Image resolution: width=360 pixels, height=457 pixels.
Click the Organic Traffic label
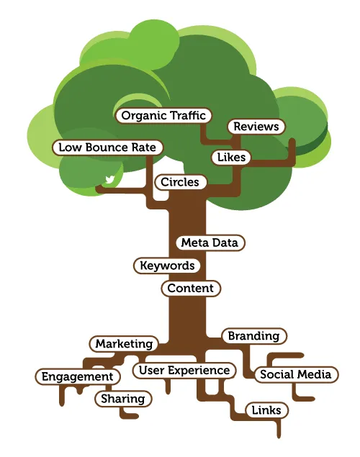(x=163, y=115)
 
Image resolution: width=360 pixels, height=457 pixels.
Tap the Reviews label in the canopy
(x=256, y=127)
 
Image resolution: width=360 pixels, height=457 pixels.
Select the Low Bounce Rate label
(x=108, y=147)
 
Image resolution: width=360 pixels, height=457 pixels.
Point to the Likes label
(x=230, y=157)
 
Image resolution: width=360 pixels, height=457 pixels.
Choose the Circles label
(x=180, y=182)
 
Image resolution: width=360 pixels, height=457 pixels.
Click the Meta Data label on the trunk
(x=210, y=243)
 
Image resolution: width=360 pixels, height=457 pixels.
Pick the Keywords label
(x=167, y=266)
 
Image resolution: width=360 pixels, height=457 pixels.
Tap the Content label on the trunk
(x=190, y=289)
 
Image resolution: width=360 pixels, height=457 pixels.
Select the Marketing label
(x=124, y=344)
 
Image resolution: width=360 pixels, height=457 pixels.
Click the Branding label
(x=253, y=336)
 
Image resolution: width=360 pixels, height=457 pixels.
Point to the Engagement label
(x=77, y=376)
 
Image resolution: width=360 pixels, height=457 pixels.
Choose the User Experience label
(x=184, y=371)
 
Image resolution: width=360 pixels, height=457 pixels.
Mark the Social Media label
(x=295, y=374)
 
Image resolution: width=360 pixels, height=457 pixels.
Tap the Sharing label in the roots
(x=122, y=399)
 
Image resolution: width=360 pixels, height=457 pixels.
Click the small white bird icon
(x=110, y=180)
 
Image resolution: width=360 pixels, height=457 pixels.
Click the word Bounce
(x=108, y=147)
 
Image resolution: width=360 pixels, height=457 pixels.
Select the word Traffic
(x=187, y=115)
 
